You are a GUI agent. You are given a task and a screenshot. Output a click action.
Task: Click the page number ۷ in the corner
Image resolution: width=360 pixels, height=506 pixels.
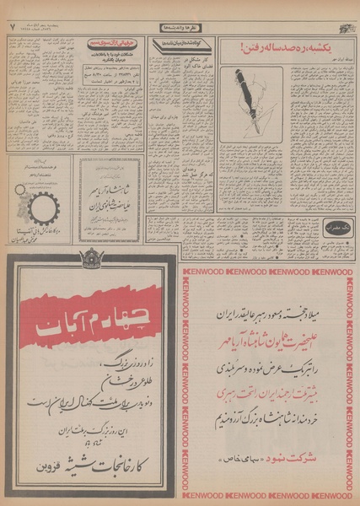(13, 28)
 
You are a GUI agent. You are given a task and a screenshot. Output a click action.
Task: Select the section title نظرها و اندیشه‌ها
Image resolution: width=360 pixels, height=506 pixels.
(180, 27)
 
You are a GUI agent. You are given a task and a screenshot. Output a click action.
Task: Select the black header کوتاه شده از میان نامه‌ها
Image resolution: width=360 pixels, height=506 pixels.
(180, 41)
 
